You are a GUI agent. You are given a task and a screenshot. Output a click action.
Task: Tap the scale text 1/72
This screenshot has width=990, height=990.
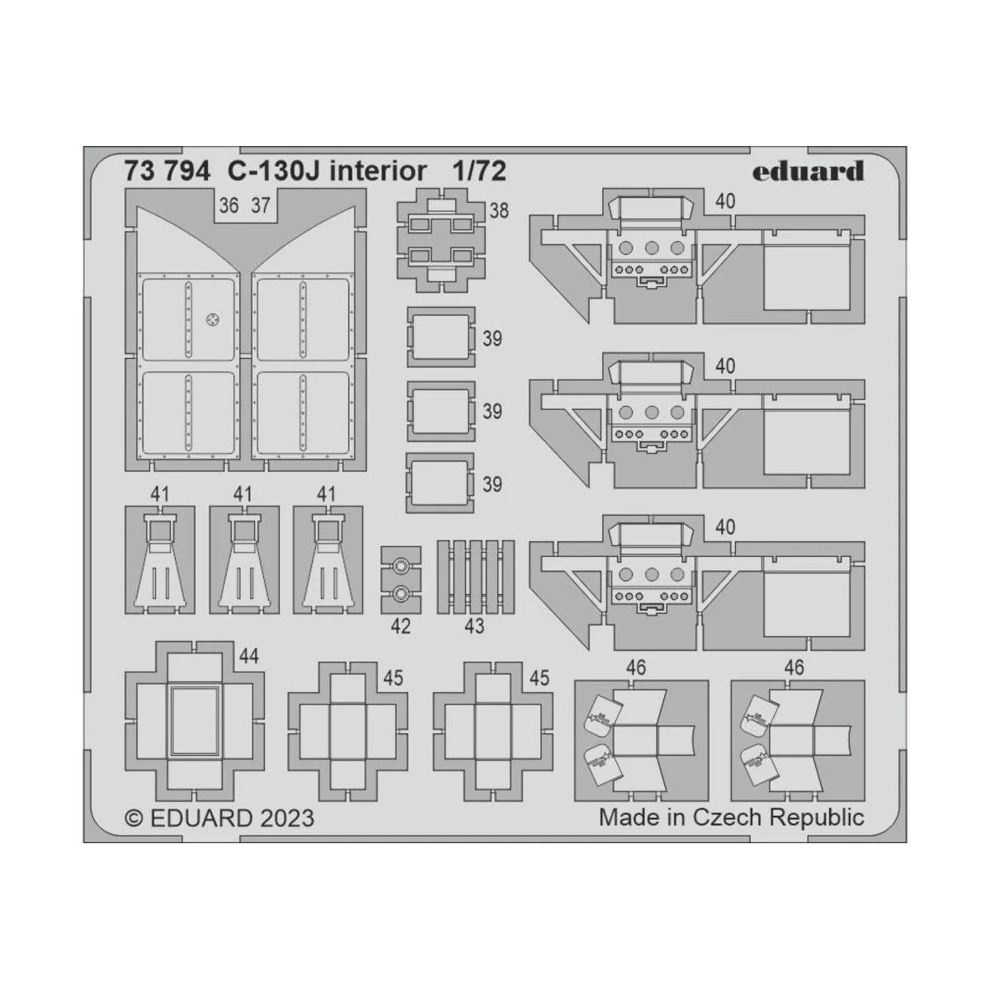(x=478, y=171)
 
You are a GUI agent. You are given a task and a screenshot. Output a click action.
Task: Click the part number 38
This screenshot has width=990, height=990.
(x=499, y=210)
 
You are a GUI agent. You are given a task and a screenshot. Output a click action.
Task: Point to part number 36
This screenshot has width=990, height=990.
(x=229, y=205)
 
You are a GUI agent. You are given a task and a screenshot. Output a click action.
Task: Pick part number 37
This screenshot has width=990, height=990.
(x=260, y=205)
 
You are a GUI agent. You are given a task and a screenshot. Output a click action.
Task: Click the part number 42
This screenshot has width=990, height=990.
(x=400, y=626)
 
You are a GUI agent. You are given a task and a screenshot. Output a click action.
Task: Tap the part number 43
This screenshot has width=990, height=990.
(x=474, y=626)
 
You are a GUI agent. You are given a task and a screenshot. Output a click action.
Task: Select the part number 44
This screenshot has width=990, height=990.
(x=248, y=656)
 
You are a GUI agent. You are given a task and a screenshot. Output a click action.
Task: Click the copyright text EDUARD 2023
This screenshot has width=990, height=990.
(x=219, y=818)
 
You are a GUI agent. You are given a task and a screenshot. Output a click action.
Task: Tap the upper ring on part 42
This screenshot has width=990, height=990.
(x=400, y=566)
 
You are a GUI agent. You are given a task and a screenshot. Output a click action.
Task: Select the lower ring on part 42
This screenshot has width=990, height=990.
(x=400, y=592)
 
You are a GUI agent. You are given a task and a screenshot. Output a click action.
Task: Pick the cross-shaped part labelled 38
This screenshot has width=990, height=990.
(x=441, y=239)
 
